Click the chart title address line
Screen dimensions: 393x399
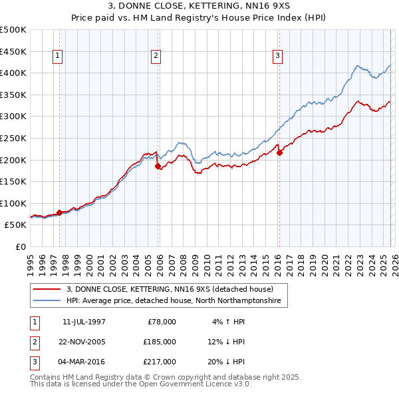[199, 5]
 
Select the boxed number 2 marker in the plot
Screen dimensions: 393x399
[156, 57]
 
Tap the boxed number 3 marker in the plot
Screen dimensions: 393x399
[277, 57]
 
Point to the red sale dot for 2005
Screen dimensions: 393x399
[158, 167]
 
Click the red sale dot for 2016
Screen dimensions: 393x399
[279, 153]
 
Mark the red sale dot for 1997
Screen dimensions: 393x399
[59, 212]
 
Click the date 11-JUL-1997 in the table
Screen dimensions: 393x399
[84, 322]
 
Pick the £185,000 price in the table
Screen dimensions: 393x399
[160, 342]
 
